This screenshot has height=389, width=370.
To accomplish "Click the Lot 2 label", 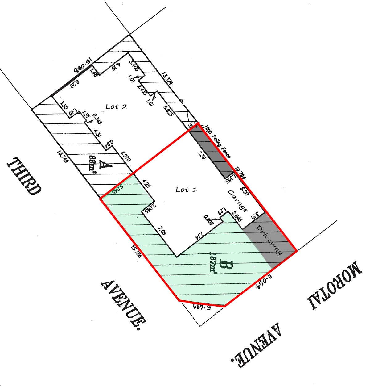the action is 116,107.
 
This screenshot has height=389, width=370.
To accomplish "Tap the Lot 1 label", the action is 186,190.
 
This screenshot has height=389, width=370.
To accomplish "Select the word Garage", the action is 237,201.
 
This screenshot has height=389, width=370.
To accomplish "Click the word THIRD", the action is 24,176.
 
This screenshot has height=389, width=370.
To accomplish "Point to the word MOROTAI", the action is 334,286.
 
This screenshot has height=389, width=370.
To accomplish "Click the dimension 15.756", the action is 136,251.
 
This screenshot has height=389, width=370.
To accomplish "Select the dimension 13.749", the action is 63,156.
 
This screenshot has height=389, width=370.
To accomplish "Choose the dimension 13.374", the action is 167,78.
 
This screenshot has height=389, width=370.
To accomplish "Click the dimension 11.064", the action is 265,281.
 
